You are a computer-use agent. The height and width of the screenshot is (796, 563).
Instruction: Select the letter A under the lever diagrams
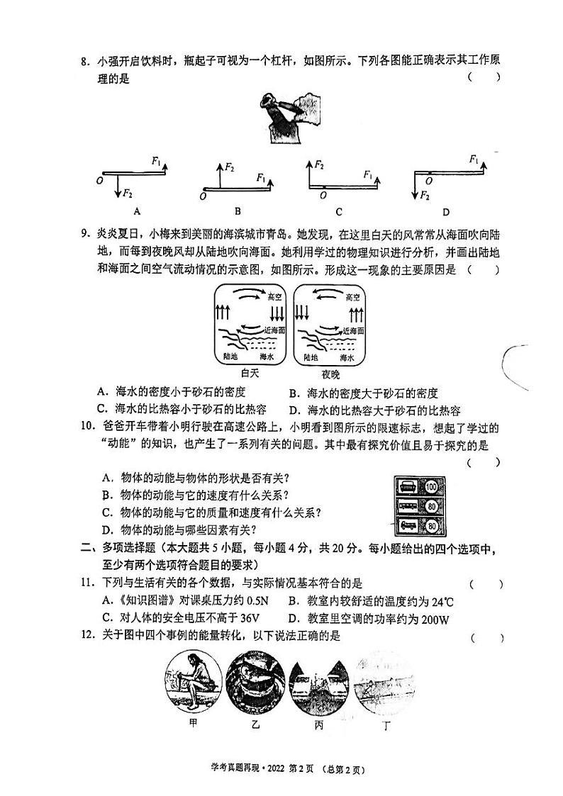(x=136, y=211)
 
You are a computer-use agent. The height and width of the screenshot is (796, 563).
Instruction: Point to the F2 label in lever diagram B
(x=230, y=167)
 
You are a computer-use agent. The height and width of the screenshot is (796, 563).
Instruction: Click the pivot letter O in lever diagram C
(x=323, y=195)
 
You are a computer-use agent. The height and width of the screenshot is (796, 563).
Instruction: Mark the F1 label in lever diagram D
(x=474, y=159)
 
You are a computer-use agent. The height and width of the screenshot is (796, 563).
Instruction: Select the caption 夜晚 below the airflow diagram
(x=330, y=374)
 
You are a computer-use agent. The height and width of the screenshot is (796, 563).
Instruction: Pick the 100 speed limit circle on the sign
(x=432, y=488)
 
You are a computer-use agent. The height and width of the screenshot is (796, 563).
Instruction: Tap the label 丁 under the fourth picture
(x=386, y=724)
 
